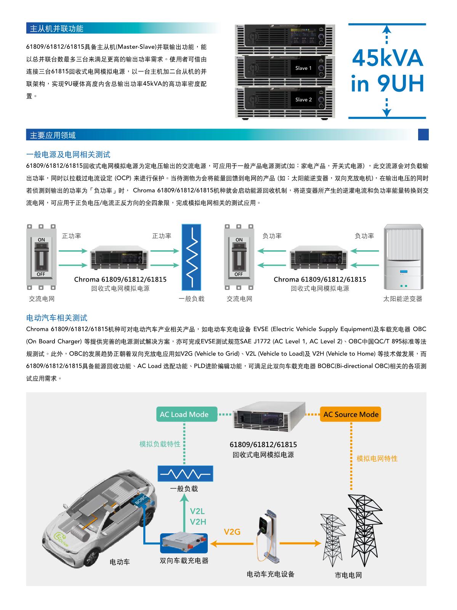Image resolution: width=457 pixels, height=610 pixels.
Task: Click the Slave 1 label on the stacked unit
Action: [x=303, y=68]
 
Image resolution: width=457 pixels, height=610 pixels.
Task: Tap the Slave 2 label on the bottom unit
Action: [x=303, y=100]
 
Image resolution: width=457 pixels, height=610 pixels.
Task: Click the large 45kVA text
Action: [x=387, y=58]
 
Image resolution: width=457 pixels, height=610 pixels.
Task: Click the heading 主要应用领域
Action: [x=53, y=135]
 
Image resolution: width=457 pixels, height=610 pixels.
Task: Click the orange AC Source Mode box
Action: [x=351, y=414]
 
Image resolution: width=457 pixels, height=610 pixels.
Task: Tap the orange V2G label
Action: [x=232, y=531]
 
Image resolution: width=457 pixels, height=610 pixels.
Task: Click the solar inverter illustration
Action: [x=403, y=258]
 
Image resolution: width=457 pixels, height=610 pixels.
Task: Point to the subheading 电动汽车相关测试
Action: [x=57, y=318]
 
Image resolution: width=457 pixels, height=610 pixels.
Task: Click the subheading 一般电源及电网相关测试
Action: [x=68, y=155]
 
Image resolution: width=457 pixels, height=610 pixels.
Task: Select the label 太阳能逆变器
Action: [x=402, y=299]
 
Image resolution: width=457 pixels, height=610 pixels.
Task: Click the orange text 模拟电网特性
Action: [x=377, y=459]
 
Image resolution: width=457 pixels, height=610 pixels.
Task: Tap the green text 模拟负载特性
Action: [x=160, y=444]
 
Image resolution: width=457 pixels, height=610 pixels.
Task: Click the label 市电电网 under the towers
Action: [x=348, y=575]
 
